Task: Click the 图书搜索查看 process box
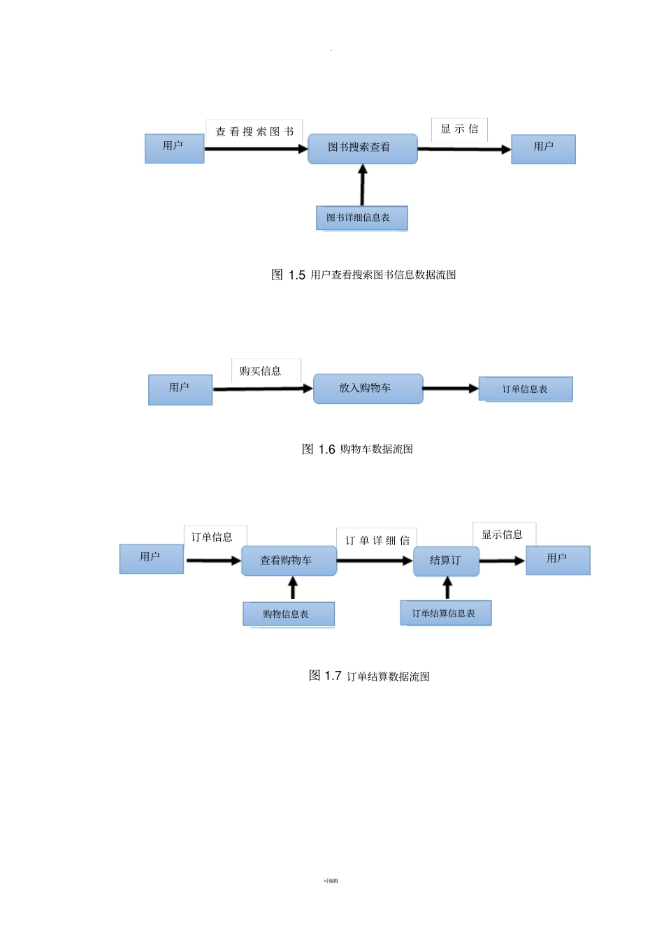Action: tap(362, 148)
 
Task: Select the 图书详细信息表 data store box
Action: tap(361, 217)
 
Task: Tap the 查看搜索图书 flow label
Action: tap(254, 131)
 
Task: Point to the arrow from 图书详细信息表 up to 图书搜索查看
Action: tap(362, 185)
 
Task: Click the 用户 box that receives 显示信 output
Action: tap(543, 149)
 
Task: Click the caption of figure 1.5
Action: tap(363, 275)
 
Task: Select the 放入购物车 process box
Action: tap(368, 389)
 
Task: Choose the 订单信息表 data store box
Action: tap(525, 389)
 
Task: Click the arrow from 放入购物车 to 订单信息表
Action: tap(451, 389)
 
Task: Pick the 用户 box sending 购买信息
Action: tap(180, 389)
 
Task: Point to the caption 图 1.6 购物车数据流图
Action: tap(357, 449)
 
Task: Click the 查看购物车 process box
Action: tap(289, 561)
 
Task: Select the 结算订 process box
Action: tap(446, 561)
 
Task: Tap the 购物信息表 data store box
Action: tap(288, 614)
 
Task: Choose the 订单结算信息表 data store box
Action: tap(445, 613)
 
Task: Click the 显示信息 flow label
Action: tap(503, 535)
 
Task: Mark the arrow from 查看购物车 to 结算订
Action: tap(375, 561)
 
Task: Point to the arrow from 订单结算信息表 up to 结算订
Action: tap(447, 588)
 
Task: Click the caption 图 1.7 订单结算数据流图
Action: tap(369, 676)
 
